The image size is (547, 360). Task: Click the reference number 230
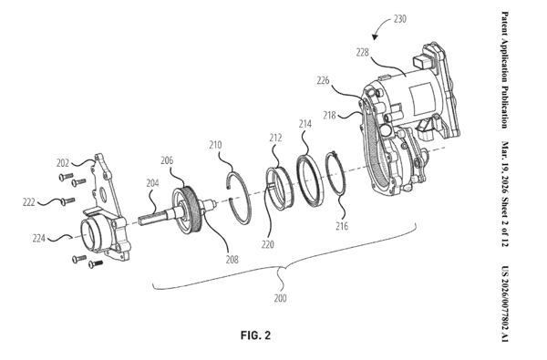400,19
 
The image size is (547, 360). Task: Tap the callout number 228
362,52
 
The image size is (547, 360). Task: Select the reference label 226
323,80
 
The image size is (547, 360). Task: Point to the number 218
329,115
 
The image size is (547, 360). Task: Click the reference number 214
304,124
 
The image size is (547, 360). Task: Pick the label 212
275,138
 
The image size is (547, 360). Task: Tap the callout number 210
215,145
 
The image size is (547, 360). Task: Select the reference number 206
167,160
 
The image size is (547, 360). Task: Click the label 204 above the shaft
152,183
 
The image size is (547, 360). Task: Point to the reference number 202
63,163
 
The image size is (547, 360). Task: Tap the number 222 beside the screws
29,202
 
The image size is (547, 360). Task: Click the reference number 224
38,238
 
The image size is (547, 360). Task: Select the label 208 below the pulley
232,260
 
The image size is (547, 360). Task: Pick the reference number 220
267,245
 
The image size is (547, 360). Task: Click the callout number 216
342,226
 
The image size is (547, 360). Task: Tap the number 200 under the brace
280,298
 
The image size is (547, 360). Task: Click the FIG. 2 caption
255,335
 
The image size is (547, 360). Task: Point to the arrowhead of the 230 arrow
375,37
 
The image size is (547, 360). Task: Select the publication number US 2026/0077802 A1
505,303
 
